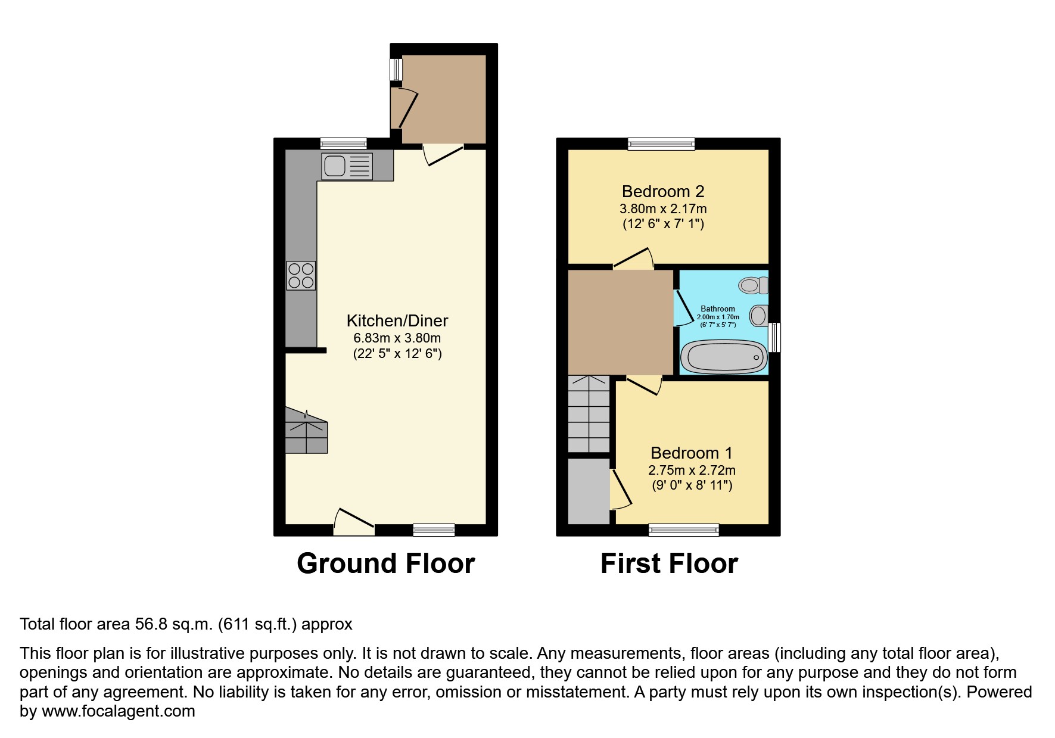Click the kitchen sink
[347, 166]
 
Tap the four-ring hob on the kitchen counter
[301, 276]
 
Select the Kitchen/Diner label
[397, 321]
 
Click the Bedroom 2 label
[663, 192]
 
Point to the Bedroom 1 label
[691, 453]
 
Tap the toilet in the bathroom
[753, 285]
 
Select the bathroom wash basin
[758, 315]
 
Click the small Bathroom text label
[717, 309]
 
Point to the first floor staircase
[589, 414]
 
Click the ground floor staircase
[306, 431]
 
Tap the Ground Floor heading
[385, 563]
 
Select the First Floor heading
[669, 563]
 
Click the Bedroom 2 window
[661, 144]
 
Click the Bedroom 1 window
[683, 530]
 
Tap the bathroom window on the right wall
[774, 337]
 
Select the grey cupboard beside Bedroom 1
[589, 491]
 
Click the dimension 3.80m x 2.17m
[663, 209]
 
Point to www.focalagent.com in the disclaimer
[118, 711]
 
